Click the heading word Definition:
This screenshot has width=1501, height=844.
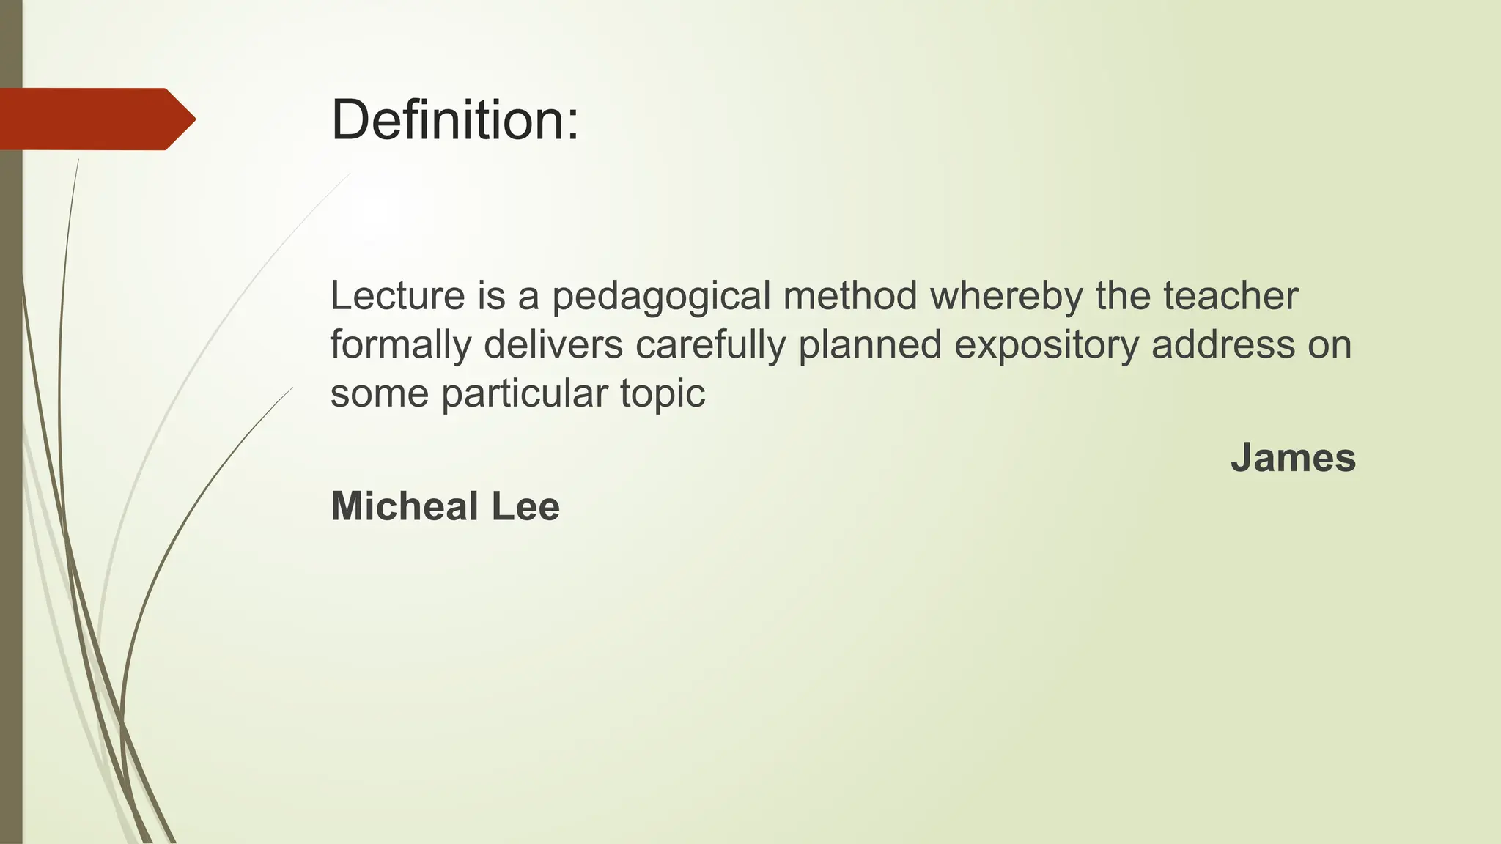pos(454,120)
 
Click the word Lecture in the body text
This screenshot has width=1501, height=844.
pos(397,296)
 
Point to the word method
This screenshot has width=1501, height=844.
pos(850,296)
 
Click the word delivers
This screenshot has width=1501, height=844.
pos(553,344)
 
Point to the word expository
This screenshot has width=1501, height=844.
pos(1047,346)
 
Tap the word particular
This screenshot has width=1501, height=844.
pos(524,394)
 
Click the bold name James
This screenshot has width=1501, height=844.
pos(1293,458)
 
